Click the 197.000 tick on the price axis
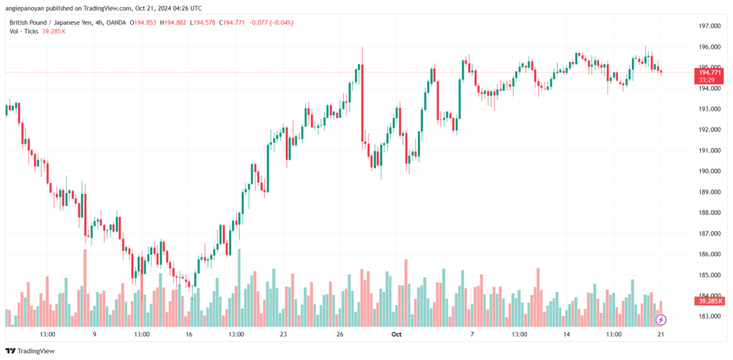tap(706, 26)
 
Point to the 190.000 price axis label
tap(706, 171)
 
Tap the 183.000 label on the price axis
tap(706, 316)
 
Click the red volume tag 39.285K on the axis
tap(709, 301)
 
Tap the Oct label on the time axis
tap(397, 334)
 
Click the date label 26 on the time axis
tap(340, 334)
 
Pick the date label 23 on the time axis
tap(283, 334)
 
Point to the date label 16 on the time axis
tap(189, 334)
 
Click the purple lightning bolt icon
tap(661, 320)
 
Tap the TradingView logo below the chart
tap(30, 351)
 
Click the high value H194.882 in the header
tap(173, 22)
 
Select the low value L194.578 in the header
tap(203, 22)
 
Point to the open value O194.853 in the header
tap(143, 22)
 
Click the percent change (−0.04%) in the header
tap(280, 22)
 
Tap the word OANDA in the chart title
tap(116, 22)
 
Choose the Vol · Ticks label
tap(24, 31)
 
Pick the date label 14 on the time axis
tap(567, 334)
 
